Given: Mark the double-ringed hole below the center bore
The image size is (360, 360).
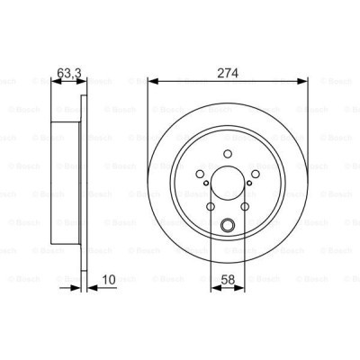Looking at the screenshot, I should tap(227, 225).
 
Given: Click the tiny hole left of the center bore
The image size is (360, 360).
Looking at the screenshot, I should tap(207, 186).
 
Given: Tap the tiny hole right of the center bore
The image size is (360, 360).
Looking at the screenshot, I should tap(247, 186).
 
